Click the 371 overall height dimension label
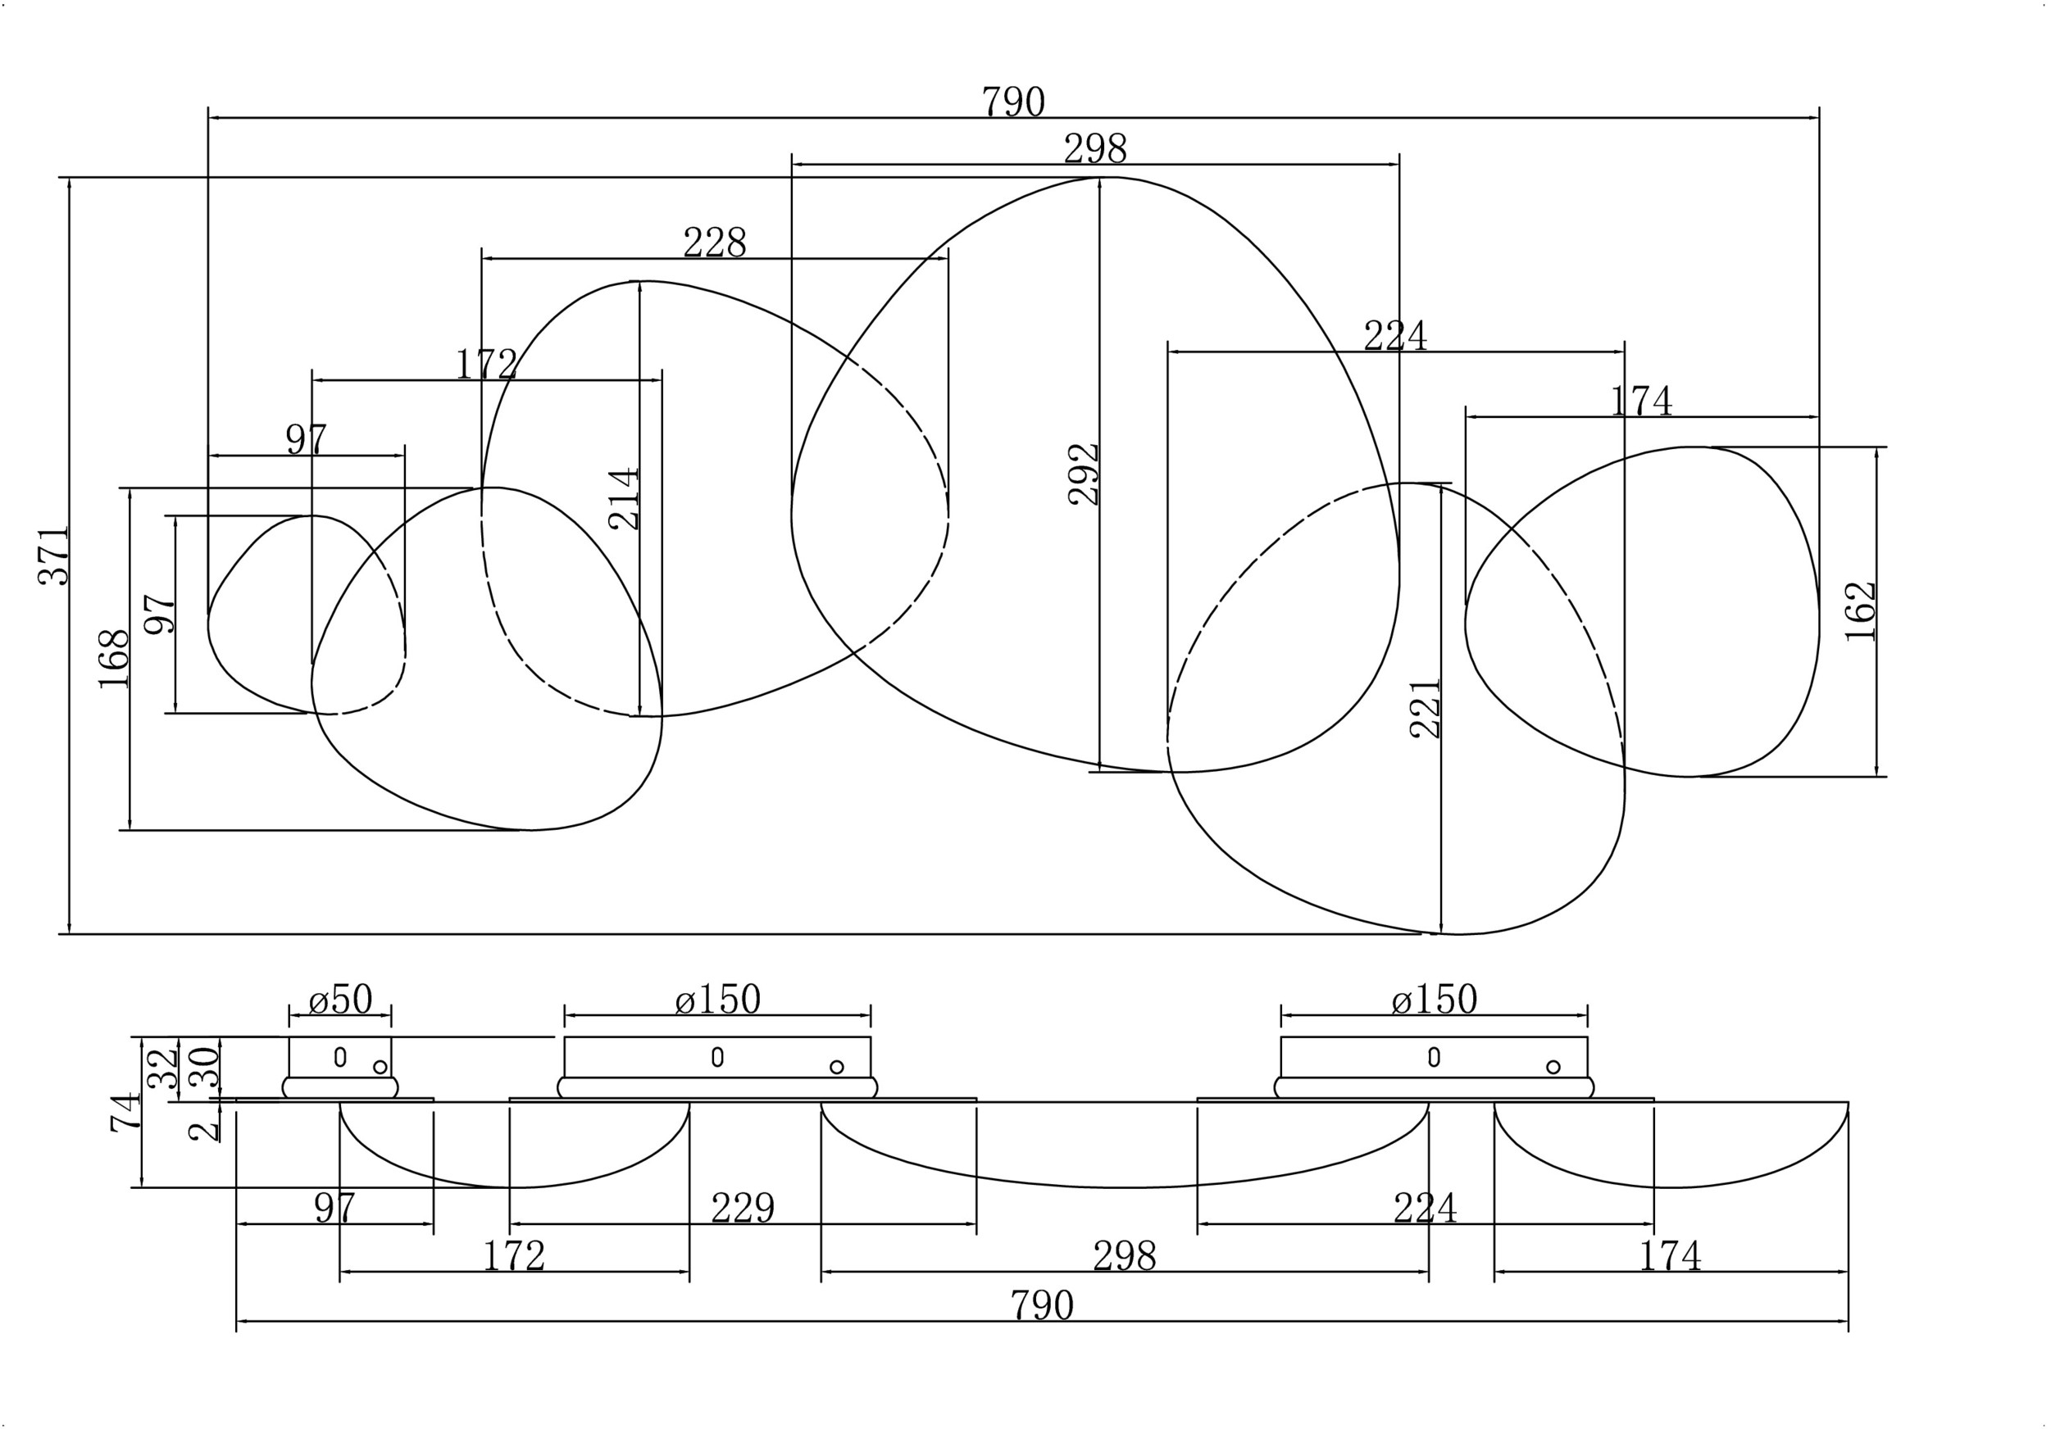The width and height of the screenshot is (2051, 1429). [53, 556]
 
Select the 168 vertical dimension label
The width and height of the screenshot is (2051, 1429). [113, 659]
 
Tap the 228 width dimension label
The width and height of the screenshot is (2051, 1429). [715, 242]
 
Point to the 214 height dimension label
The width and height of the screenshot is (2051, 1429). [625, 498]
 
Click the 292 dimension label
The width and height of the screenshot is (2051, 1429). [1084, 474]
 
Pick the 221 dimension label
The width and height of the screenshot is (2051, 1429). [1425, 709]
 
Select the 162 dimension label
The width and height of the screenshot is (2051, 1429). [1861, 611]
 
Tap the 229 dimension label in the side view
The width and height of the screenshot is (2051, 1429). [743, 1209]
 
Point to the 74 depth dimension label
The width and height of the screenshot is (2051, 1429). [126, 1112]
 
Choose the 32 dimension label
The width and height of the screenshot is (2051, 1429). [162, 1068]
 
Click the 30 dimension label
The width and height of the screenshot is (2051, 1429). [205, 1066]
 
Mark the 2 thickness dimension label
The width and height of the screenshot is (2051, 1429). [205, 1132]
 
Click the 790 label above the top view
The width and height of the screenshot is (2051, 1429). [1013, 102]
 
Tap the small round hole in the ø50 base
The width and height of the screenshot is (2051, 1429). [380, 1066]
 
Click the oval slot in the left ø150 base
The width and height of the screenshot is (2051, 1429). [717, 1056]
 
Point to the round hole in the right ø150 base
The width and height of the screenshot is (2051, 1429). [1553, 1066]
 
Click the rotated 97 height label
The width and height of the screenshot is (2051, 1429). [160, 614]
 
